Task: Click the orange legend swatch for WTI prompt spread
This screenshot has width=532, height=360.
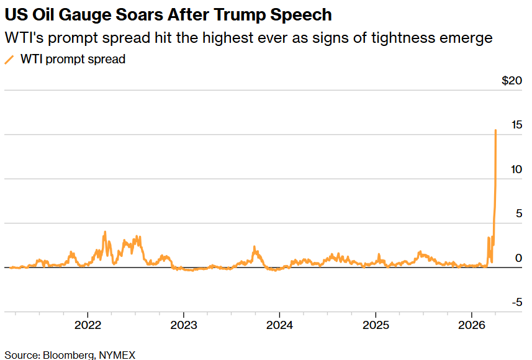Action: (9, 60)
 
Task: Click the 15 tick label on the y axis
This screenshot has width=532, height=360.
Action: (516, 125)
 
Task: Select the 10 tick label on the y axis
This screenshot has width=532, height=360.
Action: (516, 169)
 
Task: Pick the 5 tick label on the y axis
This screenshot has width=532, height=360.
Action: (519, 214)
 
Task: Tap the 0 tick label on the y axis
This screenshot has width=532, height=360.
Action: (519, 258)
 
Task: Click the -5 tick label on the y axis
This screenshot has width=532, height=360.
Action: (516, 302)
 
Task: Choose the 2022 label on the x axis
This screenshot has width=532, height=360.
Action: (88, 325)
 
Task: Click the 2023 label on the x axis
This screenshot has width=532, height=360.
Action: (183, 325)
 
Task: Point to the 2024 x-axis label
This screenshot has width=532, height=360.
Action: (279, 325)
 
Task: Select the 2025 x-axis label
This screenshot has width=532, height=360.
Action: (375, 325)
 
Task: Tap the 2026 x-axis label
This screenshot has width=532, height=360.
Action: (471, 325)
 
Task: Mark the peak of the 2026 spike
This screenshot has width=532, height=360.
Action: (495, 130)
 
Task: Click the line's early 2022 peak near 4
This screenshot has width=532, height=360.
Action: (105, 232)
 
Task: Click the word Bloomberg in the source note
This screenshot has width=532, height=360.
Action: (68, 354)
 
